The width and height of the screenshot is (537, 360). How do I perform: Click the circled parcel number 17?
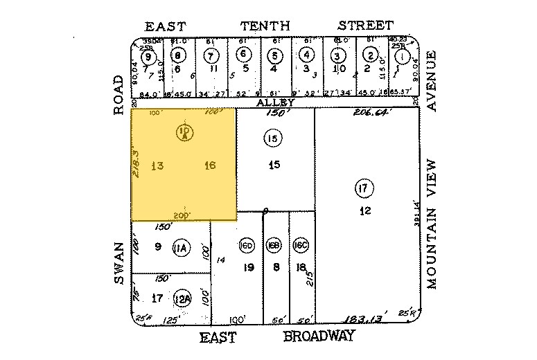363,187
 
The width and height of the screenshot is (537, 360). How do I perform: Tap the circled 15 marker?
273,139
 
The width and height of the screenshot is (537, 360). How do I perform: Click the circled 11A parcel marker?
182,247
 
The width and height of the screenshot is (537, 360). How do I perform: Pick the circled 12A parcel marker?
182,298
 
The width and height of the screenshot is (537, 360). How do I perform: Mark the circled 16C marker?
301,246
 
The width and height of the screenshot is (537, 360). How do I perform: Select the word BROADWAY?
319,336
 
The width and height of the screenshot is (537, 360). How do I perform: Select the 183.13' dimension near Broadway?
366,319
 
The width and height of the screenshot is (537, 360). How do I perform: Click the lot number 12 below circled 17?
363,211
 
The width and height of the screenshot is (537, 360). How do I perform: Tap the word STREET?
366,26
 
